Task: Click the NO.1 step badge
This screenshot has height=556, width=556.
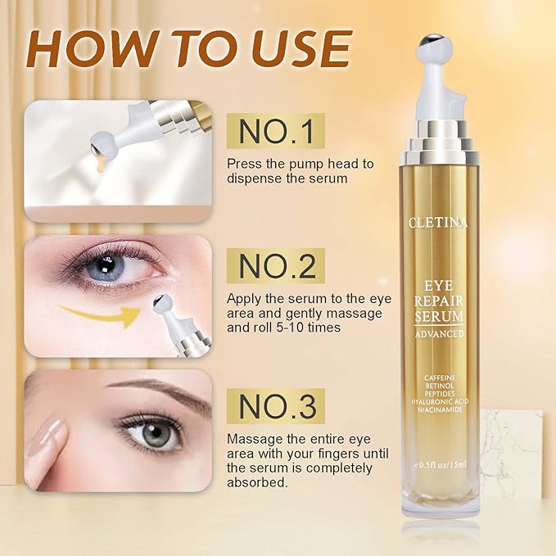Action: [x=275, y=131]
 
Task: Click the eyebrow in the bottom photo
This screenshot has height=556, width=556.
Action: [x=156, y=388]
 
